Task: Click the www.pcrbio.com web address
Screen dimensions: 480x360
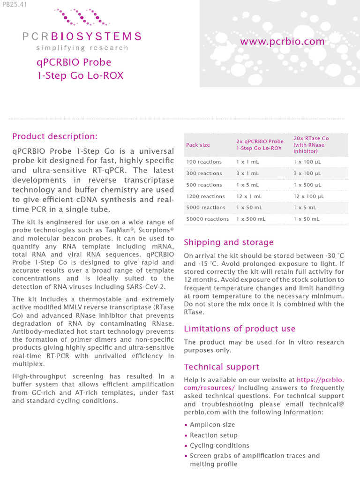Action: point(282,42)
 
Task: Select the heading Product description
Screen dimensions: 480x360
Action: point(55,136)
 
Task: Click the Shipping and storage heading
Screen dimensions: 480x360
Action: point(229,242)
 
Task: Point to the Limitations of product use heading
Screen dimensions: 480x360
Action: point(240,329)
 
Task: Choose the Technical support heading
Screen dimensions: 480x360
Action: point(221,367)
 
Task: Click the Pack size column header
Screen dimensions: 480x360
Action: point(198,145)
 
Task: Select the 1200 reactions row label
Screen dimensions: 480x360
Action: point(205,196)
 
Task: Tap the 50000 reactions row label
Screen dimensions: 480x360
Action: point(207,219)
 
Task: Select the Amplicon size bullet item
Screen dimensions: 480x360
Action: point(212,424)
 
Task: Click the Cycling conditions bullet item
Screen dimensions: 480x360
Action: point(219,445)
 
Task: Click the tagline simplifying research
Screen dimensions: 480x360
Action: point(82,48)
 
